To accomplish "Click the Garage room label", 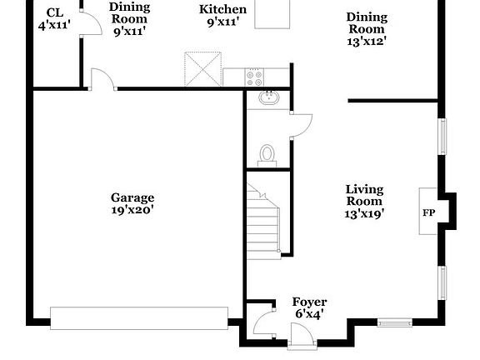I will click(x=132, y=197).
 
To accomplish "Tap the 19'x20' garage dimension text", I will click(x=132, y=210).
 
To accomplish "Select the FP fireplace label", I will click(x=428, y=213).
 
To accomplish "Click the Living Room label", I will click(x=364, y=195).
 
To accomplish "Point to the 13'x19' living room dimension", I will click(x=364, y=214).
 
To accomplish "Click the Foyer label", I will click(x=309, y=302).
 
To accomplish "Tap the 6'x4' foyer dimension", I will click(x=308, y=314).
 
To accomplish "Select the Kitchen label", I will click(x=222, y=9).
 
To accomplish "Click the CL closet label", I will click(x=55, y=12).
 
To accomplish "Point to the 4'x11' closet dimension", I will click(x=55, y=25).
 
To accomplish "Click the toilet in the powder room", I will click(x=267, y=154).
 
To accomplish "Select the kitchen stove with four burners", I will click(x=254, y=77).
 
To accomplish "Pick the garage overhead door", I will click(x=138, y=317).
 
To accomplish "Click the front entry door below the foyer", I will click(x=298, y=335).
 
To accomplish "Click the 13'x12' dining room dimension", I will click(x=366, y=39).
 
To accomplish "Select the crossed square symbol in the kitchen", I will click(x=202, y=67).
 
